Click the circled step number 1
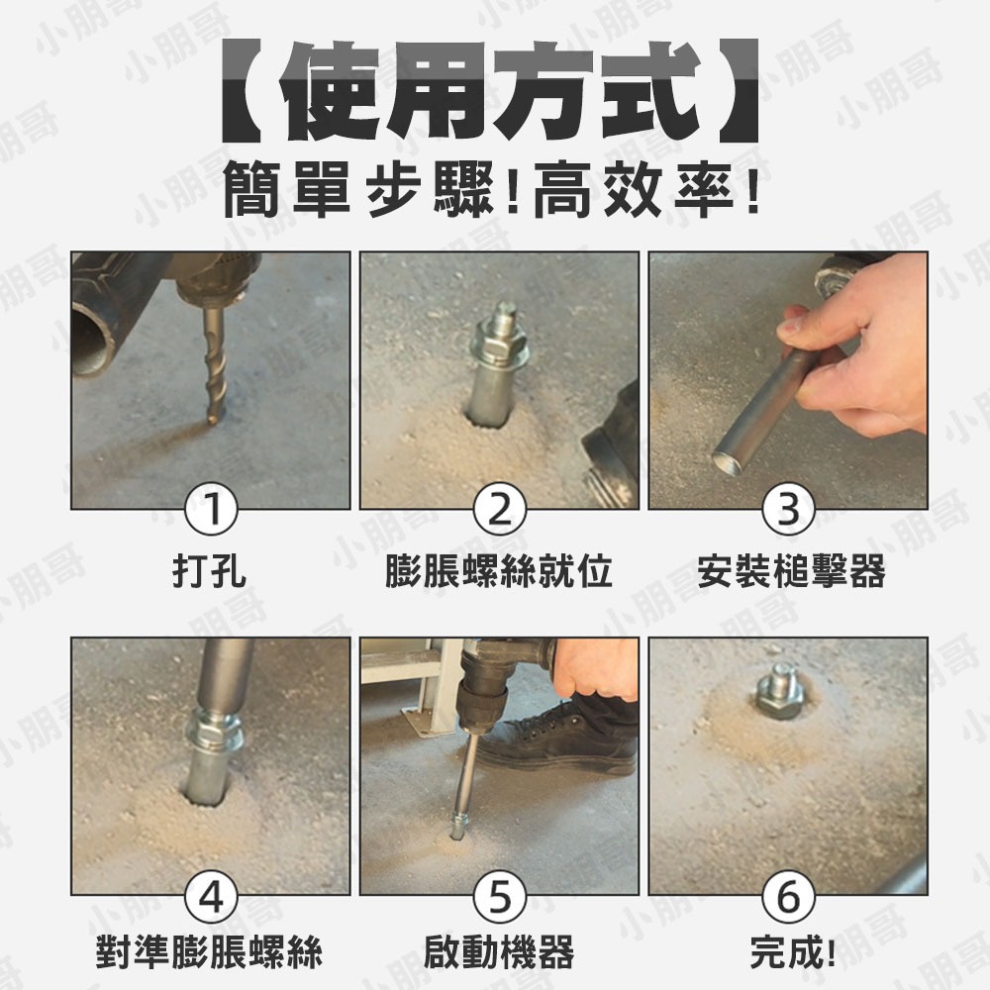[x=210, y=511]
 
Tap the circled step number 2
[x=499, y=511]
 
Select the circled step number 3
[x=788, y=511]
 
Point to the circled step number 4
[x=210, y=898]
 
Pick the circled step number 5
[x=499, y=898]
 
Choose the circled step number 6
[x=788, y=898]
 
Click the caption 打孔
[x=210, y=571]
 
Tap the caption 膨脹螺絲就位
[x=499, y=571]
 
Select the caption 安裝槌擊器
[x=790, y=571]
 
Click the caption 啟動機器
[x=499, y=953]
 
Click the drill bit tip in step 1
[x=211, y=420]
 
